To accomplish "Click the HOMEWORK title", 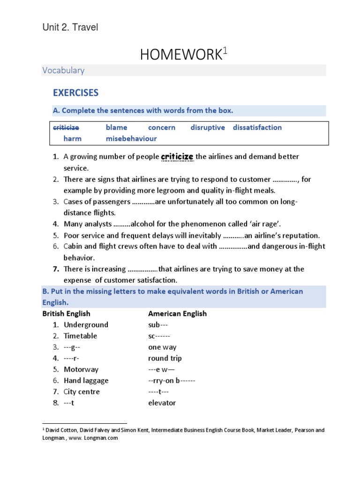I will click(x=180, y=55).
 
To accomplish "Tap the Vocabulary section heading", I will click(x=63, y=70).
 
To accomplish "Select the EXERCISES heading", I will click(x=76, y=93).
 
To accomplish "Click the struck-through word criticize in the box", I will click(x=66, y=127).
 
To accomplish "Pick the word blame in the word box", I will click(x=116, y=127).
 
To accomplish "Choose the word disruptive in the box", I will click(x=208, y=127).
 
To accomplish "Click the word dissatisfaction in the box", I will click(x=257, y=127).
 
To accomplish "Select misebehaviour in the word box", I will click(x=131, y=139).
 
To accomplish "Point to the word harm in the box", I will click(x=73, y=139).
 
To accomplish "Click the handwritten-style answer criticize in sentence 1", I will click(x=177, y=157).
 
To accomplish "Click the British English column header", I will click(x=67, y=314).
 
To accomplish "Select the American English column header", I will click(x=177, y=314).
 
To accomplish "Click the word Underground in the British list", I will click(x=86, y=325).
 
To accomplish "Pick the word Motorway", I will click(x=81, y=369).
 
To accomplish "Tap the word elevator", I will click(x=162, y=403).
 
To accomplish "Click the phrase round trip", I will click(x=165, y=358).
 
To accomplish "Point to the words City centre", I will click(x=82, y=392).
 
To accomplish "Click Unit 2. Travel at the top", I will click(x=70, y=27).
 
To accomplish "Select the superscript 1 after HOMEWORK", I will click(x=225, y=51).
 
